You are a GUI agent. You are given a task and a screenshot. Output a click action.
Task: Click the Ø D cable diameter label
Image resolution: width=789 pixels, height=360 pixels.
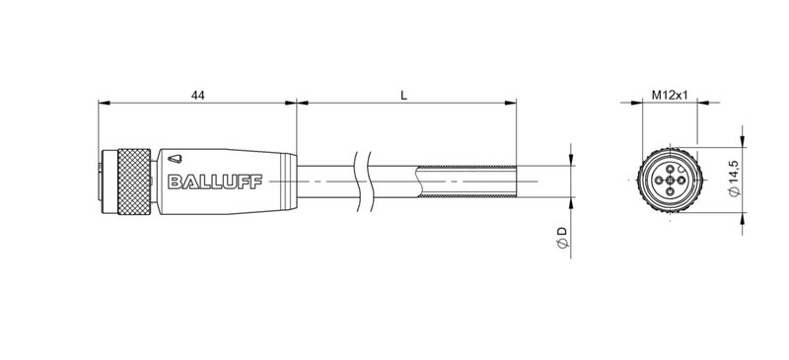(561, 237)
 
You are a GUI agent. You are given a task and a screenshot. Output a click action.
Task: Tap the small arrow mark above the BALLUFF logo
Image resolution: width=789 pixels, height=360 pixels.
(175, 157)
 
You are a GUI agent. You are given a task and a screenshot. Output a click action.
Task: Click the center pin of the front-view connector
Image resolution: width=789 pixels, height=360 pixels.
(669, 180)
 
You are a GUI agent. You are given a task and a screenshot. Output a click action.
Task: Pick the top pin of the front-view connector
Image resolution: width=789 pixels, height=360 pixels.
(669, 169)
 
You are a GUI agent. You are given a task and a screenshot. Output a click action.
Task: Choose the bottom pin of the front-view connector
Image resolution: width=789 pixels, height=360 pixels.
(669, 192)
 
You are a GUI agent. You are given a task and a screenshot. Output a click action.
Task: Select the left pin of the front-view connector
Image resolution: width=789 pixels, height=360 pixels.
(657, 180)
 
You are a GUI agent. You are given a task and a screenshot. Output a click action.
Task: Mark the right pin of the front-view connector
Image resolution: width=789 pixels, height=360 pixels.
(681, 180)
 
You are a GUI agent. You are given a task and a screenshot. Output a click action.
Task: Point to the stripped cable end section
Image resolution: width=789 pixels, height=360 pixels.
(468, 180)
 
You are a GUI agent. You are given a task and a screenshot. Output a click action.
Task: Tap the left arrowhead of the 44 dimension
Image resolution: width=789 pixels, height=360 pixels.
(103, 103)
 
